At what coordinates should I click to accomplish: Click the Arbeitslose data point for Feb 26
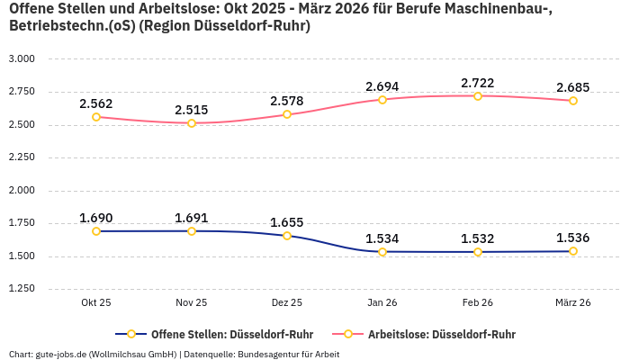pyautogui.click(x=478, y=95)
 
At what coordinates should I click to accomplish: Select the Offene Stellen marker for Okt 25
pyautogui.click(x=96, y=231)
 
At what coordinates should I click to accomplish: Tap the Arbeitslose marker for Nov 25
pyautogui.click(x=192, y=123)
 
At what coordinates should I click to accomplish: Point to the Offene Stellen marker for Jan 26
pyautogui.click(x=382, y=252)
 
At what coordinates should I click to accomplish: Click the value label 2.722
pyautogui.click(x=478, y=83)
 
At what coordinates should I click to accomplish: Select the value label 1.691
pyautogui.click(x=192, y=218)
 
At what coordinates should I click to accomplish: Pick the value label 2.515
pyautogui.click(x=192, y=110)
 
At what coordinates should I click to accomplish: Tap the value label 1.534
pyautogui.click(x=382, y=238)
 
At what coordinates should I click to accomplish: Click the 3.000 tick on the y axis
pyautogui.click(x=21, y=58)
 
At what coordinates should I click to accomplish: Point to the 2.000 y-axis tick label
pyautogui.click(x=21, y=190)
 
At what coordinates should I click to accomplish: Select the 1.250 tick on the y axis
pyautogui.click(x=21, y=289)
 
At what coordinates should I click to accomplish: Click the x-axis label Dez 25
pyautogui.click(x=287, y=303)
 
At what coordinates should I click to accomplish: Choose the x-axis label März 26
pyautogui.click(x=573, y=303)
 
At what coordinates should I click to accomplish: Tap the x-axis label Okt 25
pyautogui.click(x=96, y=303)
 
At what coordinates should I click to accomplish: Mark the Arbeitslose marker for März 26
pyautogui.click(x=573, y=101)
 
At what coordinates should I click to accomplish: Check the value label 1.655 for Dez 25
pyautogui.click(x=287, y=222)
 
